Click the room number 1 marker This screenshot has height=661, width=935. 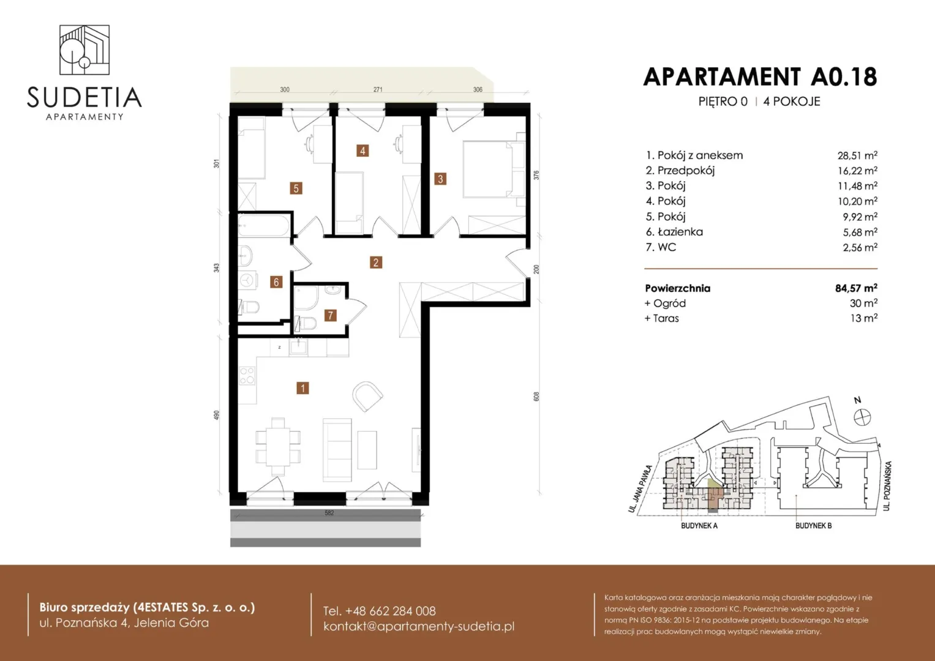(x=302, y=388)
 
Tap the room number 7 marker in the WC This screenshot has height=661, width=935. (x=331, y=315)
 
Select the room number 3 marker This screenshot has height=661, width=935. (x=440, y=179)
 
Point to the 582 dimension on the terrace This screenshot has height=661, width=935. (x=329, y=513)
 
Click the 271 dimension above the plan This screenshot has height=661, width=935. (x=378, y=89)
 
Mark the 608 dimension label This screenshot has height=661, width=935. (x=536, y=397)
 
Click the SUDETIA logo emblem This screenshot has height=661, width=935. (x=84, y=50)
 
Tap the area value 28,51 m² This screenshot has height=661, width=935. (x=857, y=155)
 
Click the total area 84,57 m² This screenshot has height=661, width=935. (x=856, y=288)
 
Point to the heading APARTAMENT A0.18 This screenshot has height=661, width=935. (x=760, y=77)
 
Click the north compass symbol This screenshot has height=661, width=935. (x=862, y=417)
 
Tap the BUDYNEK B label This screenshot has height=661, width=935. (x=814, y=526)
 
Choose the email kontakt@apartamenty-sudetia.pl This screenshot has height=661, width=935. (x=419, y=626)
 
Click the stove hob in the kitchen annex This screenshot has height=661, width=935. (x=247, y=375)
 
